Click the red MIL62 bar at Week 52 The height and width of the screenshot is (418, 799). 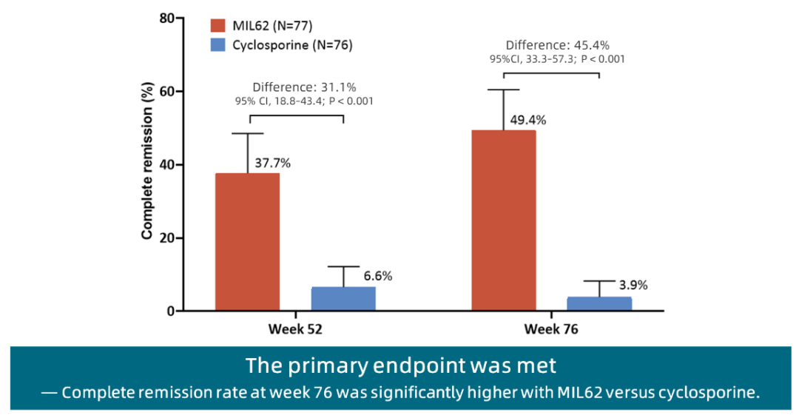point(247,242)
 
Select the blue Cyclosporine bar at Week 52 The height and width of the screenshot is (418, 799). point(343,298)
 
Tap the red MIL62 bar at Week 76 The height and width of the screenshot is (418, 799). point(504,220)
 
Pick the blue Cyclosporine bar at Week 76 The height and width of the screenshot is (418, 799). point(599,303)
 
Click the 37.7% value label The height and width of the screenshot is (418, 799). point(273,164)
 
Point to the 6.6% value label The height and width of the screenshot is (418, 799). point(377,277)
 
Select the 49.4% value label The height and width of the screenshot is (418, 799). point(528,120)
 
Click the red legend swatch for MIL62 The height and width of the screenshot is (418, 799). point(218,26)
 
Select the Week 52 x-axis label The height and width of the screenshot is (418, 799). point(294,329)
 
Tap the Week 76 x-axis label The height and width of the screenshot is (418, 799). point(551,329)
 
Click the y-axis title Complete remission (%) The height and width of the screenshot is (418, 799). point(147,172)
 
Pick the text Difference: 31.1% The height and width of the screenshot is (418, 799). point(304,87)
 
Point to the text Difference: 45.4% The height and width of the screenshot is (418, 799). point(558,45)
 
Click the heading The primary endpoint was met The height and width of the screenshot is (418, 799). point(400,366)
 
